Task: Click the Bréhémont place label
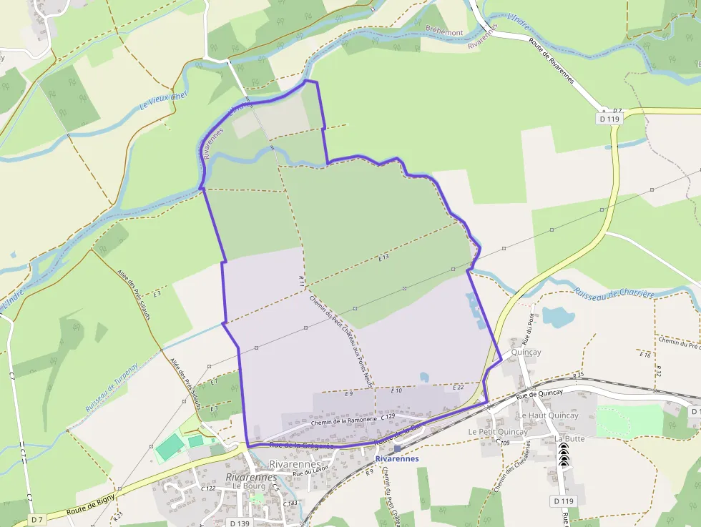pyautogui.click(x=444, y=32)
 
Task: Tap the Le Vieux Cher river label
pyautogui.click(x=164, y=100)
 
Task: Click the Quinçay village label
pyautogui.click(x=526, y=353)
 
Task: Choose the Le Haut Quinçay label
pyautogui.click(x=548, y=415)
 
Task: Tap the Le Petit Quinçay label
pyautogui.click(x=498, y=432)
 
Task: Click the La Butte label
pyautogui.click(x=569, y=438)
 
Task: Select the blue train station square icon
pyautogui.click(x=397, y=448)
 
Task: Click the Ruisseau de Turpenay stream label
pyautogui.click(x=111, y=393)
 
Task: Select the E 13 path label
pyautogui.click(x=383, y=257)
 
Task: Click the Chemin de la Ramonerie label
pyautogui.click(x=344, y=421)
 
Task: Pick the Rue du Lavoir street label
pyautogui.click(x=310, y=472)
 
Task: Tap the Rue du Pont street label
pyautogui.click(x=531, y=327)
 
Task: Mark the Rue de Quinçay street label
pyautogui.click(x=540, y=394)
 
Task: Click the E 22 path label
pyautogui.click(x=458, y=387)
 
